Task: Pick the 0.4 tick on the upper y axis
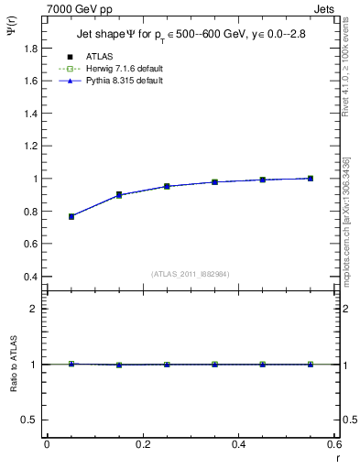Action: pos(30,277)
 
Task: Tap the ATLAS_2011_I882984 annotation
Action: pos(190,273)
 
